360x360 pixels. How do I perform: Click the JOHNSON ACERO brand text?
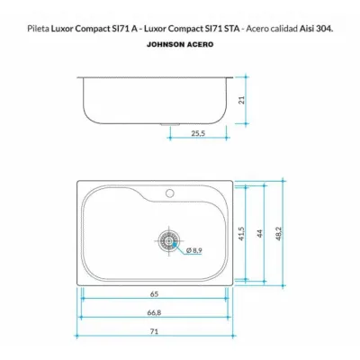coord(180,44)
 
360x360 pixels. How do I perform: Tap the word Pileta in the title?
coord(38,29)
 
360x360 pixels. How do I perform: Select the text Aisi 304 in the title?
coord(316,29)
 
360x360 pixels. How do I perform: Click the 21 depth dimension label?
coord(242,100)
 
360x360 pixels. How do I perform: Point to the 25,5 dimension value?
coord(198,133)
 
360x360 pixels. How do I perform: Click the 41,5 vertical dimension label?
coord(242,233)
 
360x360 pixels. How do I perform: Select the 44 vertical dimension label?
coord(260,234)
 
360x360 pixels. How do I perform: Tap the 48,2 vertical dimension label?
coord(279,233)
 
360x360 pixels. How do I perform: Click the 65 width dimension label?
coord(154,294)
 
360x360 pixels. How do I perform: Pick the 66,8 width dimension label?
coord(154,312)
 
